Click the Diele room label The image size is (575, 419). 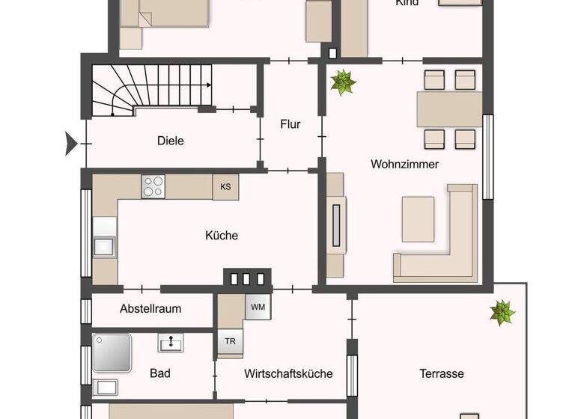click(171, 141)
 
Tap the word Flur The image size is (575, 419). click(290, 124)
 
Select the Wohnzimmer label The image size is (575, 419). click(404, 164)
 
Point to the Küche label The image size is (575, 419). click(222, 235)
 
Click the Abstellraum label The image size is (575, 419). click(150, 308)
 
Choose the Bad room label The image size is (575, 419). click(160, 373)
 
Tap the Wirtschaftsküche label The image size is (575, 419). click(288, 373)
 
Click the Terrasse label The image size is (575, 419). click(441, 373)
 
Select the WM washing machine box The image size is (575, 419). click(258, 307)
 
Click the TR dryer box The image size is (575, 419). click(229, 341)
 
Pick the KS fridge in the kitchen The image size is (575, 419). click(225, 187)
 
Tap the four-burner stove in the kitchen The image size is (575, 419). click(153, 186)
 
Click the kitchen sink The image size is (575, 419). click(104, 245)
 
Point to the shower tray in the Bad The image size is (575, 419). click(112, 353)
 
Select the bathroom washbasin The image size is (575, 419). click(171, 343)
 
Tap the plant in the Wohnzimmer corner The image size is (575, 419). click(344, 82)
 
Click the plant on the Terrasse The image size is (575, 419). click(502, 313)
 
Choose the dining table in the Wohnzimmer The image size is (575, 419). click(449, 109)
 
